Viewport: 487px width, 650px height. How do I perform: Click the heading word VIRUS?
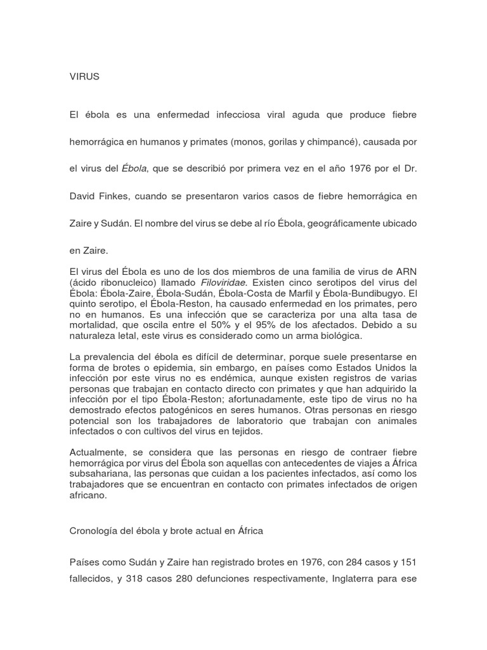pos(84,77)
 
